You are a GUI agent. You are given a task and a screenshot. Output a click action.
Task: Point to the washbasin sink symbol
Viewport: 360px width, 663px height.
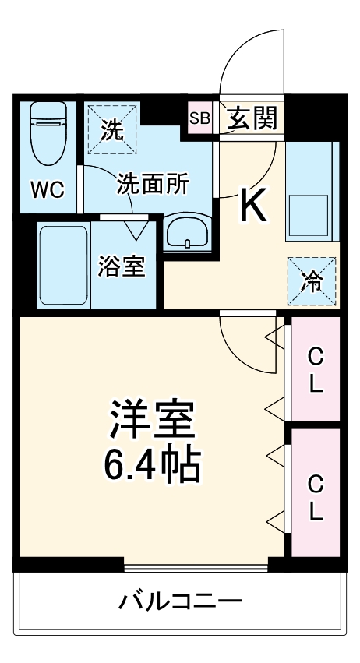(x=186, y=232)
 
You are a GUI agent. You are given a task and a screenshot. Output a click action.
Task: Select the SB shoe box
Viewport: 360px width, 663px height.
(x=199, y=118)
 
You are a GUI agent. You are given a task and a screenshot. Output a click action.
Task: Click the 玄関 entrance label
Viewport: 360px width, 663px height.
(x=252, y=118)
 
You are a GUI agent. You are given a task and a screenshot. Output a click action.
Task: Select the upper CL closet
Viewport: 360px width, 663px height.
(x=316, y=369)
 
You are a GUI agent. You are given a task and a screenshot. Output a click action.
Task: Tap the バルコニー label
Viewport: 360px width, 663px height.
(x=181, y=601)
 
